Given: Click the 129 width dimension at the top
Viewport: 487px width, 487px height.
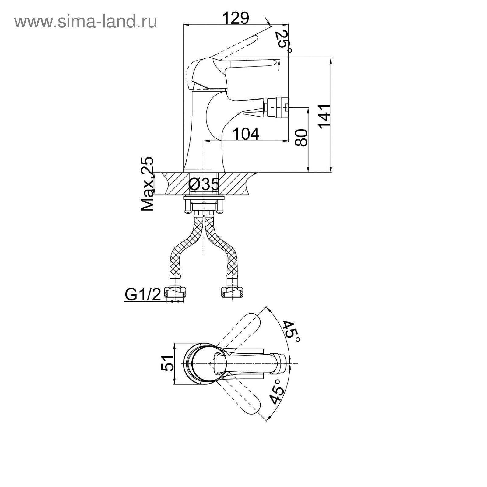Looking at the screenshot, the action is coord(236,18).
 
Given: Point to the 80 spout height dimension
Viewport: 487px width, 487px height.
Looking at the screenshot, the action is coord(301,138).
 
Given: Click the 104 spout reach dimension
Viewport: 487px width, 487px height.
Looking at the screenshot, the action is coord(246,134).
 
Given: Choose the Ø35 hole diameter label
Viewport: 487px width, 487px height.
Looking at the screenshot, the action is coord(204,184).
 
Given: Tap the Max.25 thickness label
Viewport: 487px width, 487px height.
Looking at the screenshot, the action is coord(148,184).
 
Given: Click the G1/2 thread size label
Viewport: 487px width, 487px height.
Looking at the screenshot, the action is coord(142,294).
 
